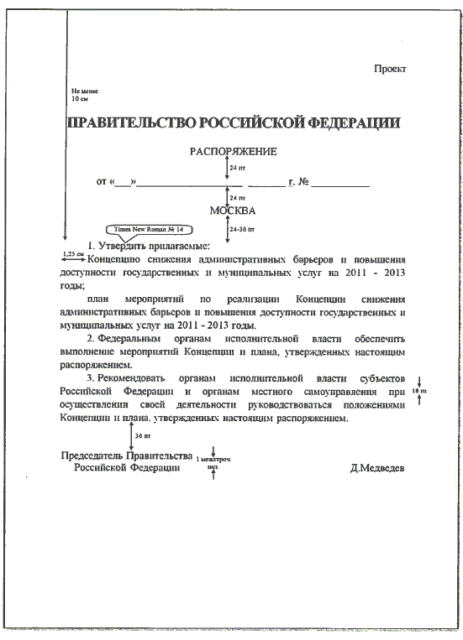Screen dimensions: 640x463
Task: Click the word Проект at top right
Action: tap(390, 69)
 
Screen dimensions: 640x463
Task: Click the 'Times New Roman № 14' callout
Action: tap(148, 229)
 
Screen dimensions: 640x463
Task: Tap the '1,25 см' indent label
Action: tap(74, 252)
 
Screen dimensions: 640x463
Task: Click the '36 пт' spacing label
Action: tap(143, 436)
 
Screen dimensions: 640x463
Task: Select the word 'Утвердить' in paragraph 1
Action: tap(126, 247)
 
